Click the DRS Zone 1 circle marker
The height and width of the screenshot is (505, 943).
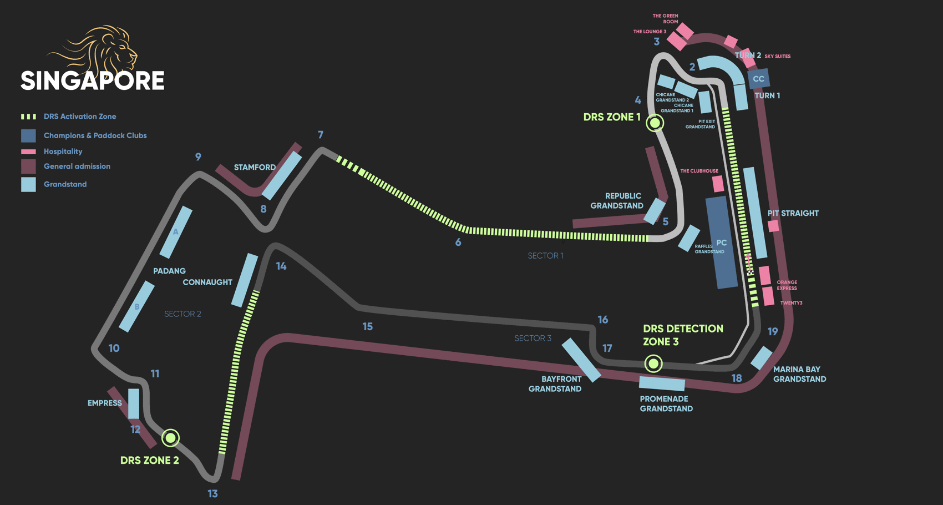655,123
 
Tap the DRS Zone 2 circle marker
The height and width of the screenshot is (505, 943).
170,438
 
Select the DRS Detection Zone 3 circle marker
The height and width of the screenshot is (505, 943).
653,363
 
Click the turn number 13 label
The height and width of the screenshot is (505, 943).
212,493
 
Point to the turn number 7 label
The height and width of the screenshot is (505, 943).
321,135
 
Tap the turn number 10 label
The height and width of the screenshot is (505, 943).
114,348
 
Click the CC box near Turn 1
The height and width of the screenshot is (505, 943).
758,79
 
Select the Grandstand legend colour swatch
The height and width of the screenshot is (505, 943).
28,184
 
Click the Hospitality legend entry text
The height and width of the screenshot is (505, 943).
63,151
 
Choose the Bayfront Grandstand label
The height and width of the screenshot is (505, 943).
555,384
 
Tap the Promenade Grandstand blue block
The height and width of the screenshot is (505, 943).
662,383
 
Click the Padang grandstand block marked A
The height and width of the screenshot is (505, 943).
176,232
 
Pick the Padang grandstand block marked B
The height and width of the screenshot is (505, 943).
136,306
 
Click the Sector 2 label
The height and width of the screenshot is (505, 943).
182,314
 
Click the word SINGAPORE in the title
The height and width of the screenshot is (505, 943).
93,81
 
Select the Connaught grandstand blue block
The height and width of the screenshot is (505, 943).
244,280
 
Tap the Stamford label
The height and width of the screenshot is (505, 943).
255,167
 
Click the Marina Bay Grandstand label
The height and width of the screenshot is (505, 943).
799,374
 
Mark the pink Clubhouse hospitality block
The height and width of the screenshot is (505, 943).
718,184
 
